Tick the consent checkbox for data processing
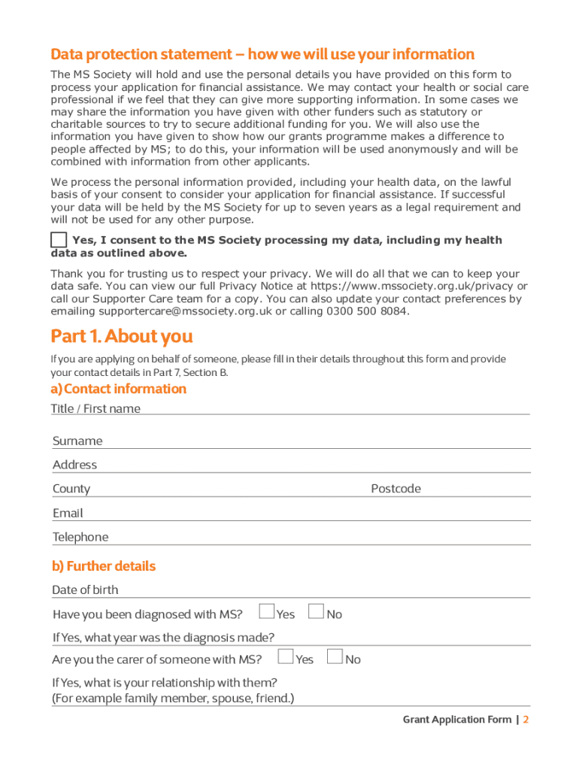pos(59,240)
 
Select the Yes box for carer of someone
pos(286,656)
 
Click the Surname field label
pos(77,441)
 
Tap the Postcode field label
pos(396,489)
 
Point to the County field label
pos(71,489)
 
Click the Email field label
pos(68,513)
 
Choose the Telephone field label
pos(80,537)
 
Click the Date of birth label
pos(85,590)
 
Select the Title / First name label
pos(95,408)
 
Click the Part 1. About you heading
pos(122,335)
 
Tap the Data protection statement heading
pos(262,54)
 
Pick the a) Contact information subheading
pos(118,389)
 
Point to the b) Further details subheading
pos(104,565)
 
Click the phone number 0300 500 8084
pos(368,311)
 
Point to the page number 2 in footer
pos(526,720)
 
